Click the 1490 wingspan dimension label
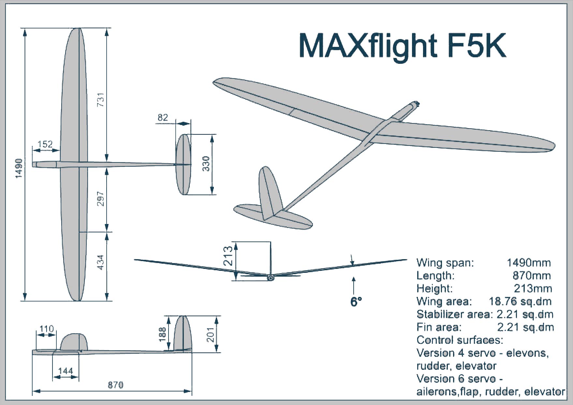[x=19, y=168]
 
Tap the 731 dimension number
[x=101, y=100]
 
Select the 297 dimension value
[x=101, y=199]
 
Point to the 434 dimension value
[x=101, y=262]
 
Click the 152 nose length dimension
[x=45, y=144]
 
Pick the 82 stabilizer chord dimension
[x=163, y=117]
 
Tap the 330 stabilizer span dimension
[x=206, y=164]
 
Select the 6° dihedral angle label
[x=356, y=302]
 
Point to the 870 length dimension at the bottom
[x=116, y=385]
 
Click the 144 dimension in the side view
[x=66, y=371]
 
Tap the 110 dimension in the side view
[x=46, y=329]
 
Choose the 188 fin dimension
[x=162, y=334]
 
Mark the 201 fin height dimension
[x=211, y=334]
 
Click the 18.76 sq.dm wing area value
[x=520, y=301]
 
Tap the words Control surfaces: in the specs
[x=460, y=340]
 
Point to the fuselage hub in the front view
[x=270, y=277]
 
